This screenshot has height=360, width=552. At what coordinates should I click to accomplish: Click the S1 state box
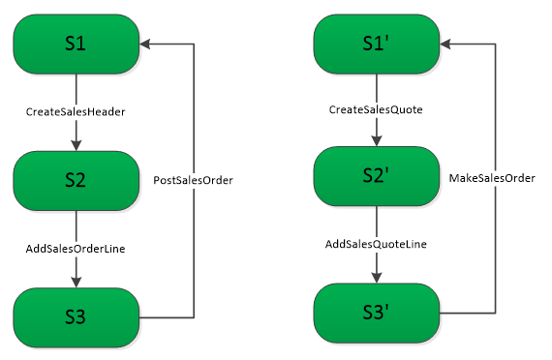76,43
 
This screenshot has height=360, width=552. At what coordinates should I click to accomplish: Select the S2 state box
76,181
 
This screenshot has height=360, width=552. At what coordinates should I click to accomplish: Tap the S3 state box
76,317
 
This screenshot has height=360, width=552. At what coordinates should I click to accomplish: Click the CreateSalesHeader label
76,112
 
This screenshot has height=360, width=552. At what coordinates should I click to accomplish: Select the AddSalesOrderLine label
76,249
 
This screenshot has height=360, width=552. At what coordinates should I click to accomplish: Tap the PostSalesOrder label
194,180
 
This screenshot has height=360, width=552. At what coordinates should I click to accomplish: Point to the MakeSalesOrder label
493,177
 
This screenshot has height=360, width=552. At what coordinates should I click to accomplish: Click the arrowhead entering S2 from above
76,145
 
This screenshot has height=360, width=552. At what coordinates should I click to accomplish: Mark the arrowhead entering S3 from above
76,283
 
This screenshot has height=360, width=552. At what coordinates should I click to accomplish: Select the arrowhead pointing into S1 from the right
145,43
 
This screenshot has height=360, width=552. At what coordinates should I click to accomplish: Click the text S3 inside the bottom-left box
76,317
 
